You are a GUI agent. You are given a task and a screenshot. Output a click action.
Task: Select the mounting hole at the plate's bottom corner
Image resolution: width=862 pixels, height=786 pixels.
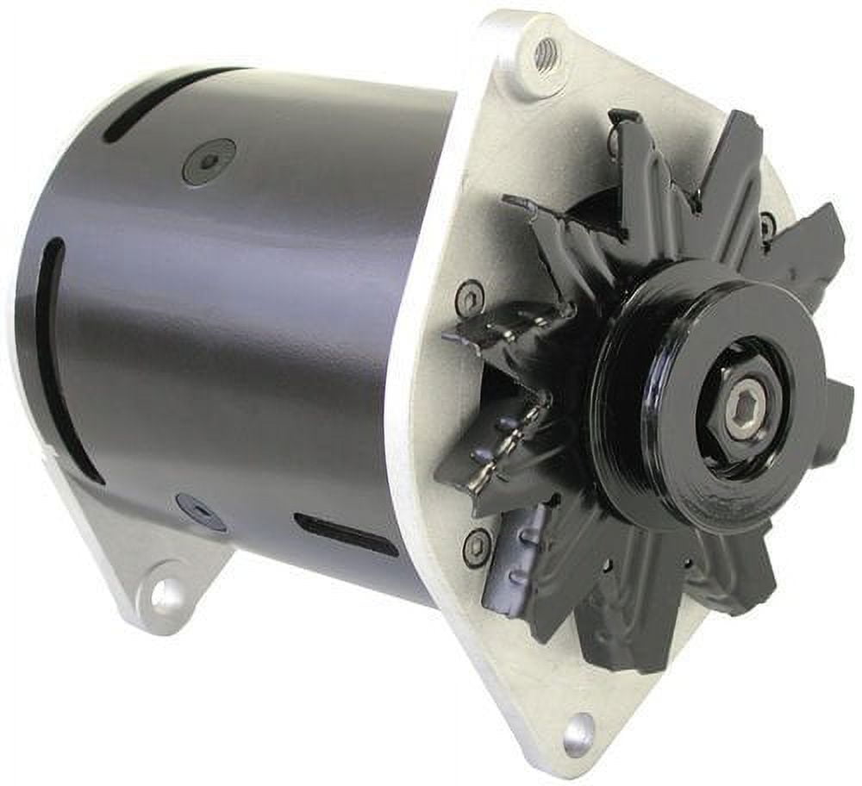[578, 729]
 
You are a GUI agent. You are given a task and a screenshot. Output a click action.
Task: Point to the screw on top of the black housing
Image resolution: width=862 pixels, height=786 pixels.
[209, 161]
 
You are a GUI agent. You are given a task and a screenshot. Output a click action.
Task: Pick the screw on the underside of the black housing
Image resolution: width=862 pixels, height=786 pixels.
[198, 511]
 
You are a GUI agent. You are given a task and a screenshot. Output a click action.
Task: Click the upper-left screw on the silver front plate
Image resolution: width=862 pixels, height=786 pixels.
[469, 298]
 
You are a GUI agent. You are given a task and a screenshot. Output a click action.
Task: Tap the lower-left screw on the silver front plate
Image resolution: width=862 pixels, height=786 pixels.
[476, 546]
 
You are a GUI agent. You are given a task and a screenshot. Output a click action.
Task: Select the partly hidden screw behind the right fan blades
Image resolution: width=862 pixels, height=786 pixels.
[767, 226]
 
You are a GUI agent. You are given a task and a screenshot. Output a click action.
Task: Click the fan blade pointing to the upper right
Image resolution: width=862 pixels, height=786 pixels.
[802, 241]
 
